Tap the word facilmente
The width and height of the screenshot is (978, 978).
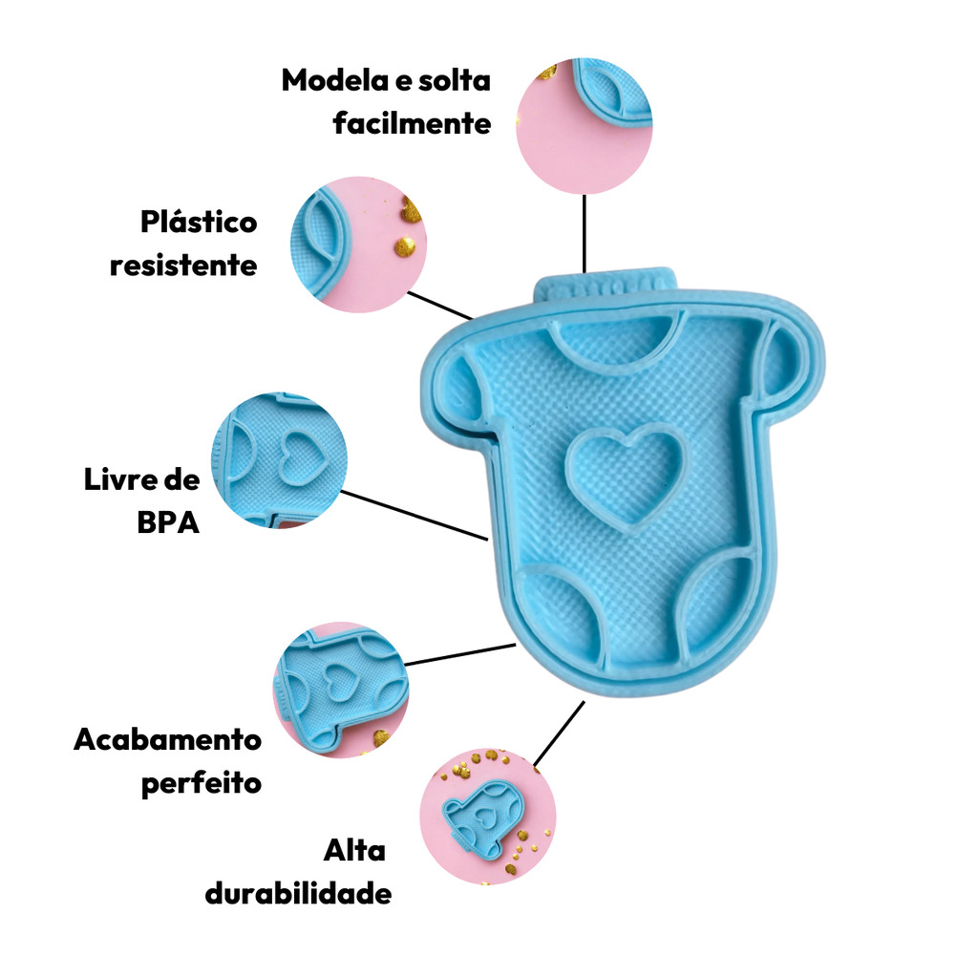[x=412, y=124]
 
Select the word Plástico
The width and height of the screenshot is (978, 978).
[x=199, y=223]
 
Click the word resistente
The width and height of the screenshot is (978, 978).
[x=183, y=265]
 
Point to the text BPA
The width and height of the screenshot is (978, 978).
[x=168, y=522]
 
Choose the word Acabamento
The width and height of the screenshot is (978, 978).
[x=167, y=739]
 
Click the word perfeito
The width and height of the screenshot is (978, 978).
[x=201, y=784]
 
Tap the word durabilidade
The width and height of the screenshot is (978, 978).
[x=298, y=894]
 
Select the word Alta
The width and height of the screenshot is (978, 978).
[x=354, y=850]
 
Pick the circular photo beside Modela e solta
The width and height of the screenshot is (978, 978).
[x=585, y=124]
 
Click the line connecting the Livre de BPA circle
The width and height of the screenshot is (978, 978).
[x=414, y=516]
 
